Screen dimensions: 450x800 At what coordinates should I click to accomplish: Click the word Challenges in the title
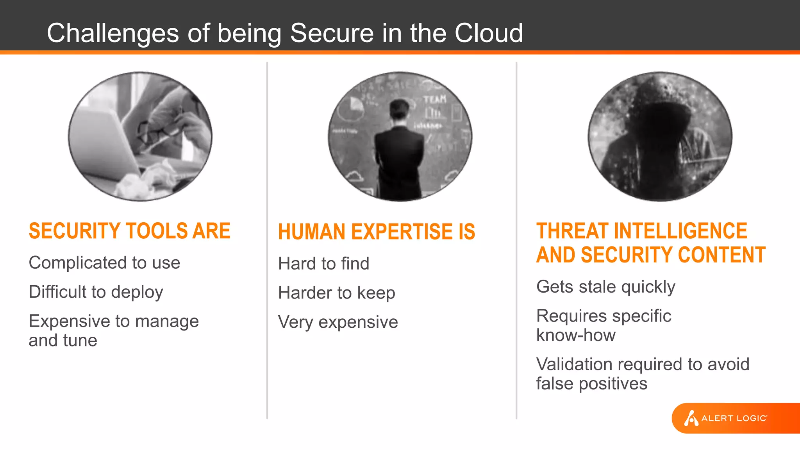[112, 34]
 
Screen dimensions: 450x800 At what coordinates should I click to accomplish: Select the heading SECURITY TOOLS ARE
[129, 231]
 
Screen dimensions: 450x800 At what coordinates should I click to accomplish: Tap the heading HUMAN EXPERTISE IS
[376, 232]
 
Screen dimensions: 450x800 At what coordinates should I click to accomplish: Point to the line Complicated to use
[104, 263]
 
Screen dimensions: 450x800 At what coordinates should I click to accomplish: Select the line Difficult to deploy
[96, 292]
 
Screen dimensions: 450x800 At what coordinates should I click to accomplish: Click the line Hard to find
[323, 264]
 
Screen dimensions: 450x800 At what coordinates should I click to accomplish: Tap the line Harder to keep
[336, 293]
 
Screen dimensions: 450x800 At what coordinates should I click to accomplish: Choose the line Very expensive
[338, 322]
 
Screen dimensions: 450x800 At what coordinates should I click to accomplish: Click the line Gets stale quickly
[605, 287]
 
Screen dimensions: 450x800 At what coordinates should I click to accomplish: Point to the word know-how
[576, 336]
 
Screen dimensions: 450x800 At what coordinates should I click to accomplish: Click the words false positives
[591, 384]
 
